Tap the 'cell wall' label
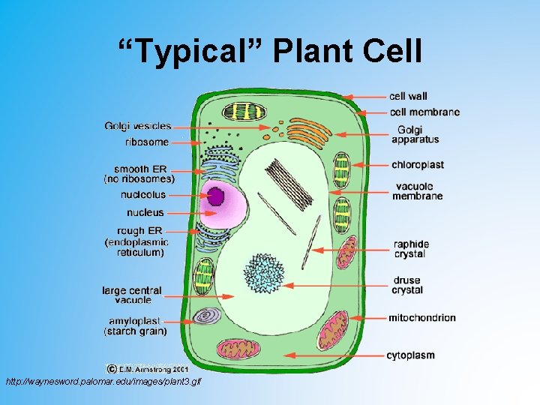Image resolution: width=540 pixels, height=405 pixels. coord(408,96)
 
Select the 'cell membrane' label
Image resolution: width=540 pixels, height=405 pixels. coord(424,112)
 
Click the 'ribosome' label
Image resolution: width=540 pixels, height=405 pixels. coord(147,142)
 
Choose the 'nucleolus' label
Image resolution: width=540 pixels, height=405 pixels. coord(142,195)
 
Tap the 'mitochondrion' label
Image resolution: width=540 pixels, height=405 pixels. coord(421,317)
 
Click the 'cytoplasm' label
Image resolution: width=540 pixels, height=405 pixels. coord(410,355)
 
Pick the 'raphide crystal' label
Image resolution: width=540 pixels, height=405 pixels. coord(411,249)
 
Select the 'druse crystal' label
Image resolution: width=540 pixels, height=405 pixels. coord(407,285)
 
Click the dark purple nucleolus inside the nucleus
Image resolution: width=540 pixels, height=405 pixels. coord(217,196)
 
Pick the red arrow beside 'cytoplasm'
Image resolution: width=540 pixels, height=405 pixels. coord(334,355)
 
